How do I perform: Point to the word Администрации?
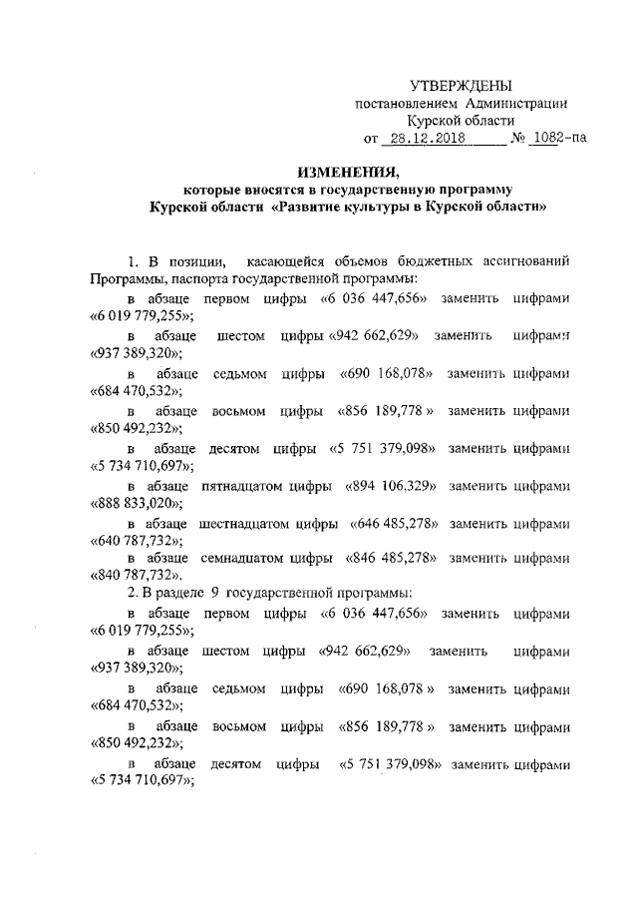tap(519, 102)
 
